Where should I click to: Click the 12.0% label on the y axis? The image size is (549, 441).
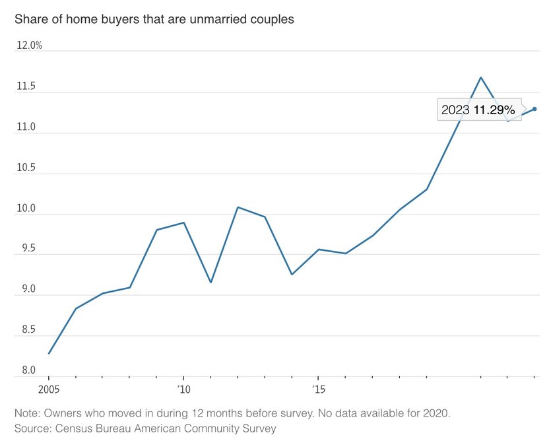(28, 46)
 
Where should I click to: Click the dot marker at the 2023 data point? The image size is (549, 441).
(534, 109)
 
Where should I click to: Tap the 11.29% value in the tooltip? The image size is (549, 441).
(494, 110)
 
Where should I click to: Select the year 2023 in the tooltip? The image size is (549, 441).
(455, 110)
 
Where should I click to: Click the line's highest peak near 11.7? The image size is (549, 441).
(481, 77)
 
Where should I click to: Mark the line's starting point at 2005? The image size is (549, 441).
(49, 354)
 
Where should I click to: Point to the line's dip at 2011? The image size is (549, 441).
(210, 283)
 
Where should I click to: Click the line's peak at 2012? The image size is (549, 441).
(238, 207)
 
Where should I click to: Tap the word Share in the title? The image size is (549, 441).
(30, 19)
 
